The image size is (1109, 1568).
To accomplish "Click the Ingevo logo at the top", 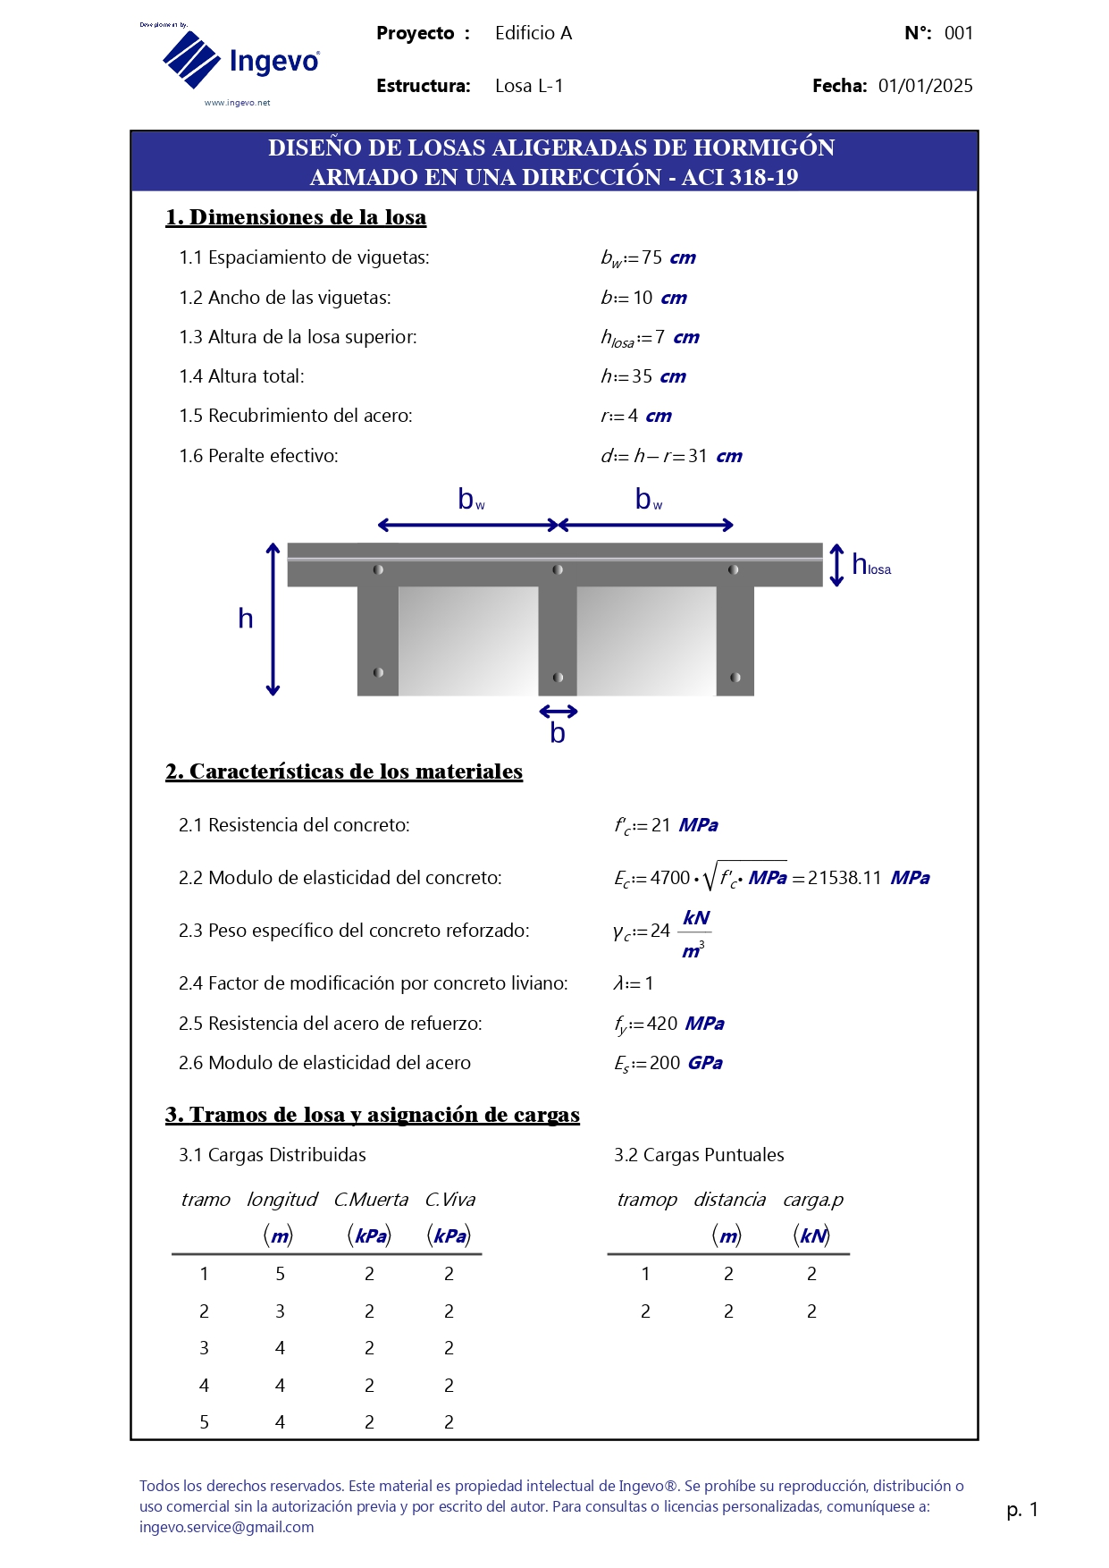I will [x=240, y=61].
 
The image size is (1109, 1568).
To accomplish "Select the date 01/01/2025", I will [x=925, y=86].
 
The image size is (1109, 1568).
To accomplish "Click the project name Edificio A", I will [x=533, y=33].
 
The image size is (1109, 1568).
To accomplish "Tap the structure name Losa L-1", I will [x=529, y=86].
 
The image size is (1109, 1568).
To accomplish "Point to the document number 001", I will [x=958, y=33].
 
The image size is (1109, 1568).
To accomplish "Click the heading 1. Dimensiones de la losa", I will [x=296, y=217].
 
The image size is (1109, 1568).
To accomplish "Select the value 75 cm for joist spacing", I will [x=668, y=257].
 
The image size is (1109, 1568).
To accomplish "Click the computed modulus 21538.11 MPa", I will [x=868, y=878].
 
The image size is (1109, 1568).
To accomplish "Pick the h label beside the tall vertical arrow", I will [x=246, y=619].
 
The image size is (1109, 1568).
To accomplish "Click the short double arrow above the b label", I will [x=559, y=712].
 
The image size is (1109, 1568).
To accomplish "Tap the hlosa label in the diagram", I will [x=870, y=566].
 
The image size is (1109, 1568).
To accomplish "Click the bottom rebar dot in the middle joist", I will [x=558, y=678].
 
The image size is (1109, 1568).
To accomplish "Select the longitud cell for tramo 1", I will [x=280, y=1274].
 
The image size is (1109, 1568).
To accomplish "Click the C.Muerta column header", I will [x=370, y=1200].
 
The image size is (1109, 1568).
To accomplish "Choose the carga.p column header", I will [x=812, y=1200].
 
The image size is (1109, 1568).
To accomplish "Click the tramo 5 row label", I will [x=204, y=1422].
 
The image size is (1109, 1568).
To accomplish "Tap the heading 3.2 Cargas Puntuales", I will [x=699, y=1155].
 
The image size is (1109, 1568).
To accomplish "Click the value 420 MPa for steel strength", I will [x=685, y=1024].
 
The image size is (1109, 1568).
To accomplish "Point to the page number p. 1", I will [x=1021, y=1510].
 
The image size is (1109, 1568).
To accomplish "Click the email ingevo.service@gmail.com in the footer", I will [x=226, y=1527].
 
